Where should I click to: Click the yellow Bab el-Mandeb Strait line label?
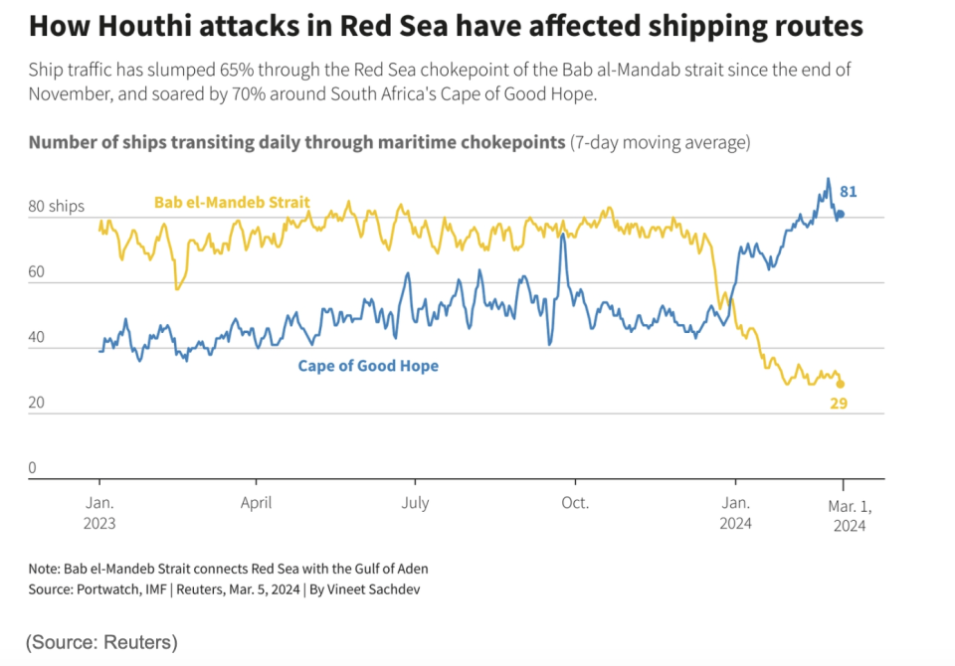click(x=232, y=203)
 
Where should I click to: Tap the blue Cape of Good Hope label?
click(x=368, y=366)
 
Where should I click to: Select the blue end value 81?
click(x=848, y=192)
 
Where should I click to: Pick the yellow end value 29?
click(x=838, y=404)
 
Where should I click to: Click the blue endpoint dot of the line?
click(x=840, y=214)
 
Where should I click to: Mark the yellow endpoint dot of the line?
click(x=840, y=384)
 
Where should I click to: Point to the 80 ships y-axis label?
click(x=57, y=207)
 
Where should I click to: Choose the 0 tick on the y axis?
click(x=33, y=468)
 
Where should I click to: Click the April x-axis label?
click(x=257, y=503)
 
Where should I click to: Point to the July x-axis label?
click(x=415, y=503)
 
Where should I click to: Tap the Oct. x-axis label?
click(x=574, y=503)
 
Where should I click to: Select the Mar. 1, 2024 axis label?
click(x=849, y=515)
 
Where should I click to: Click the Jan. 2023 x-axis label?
click(x=99, y=513)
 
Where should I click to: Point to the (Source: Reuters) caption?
click(x=101, y=641)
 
